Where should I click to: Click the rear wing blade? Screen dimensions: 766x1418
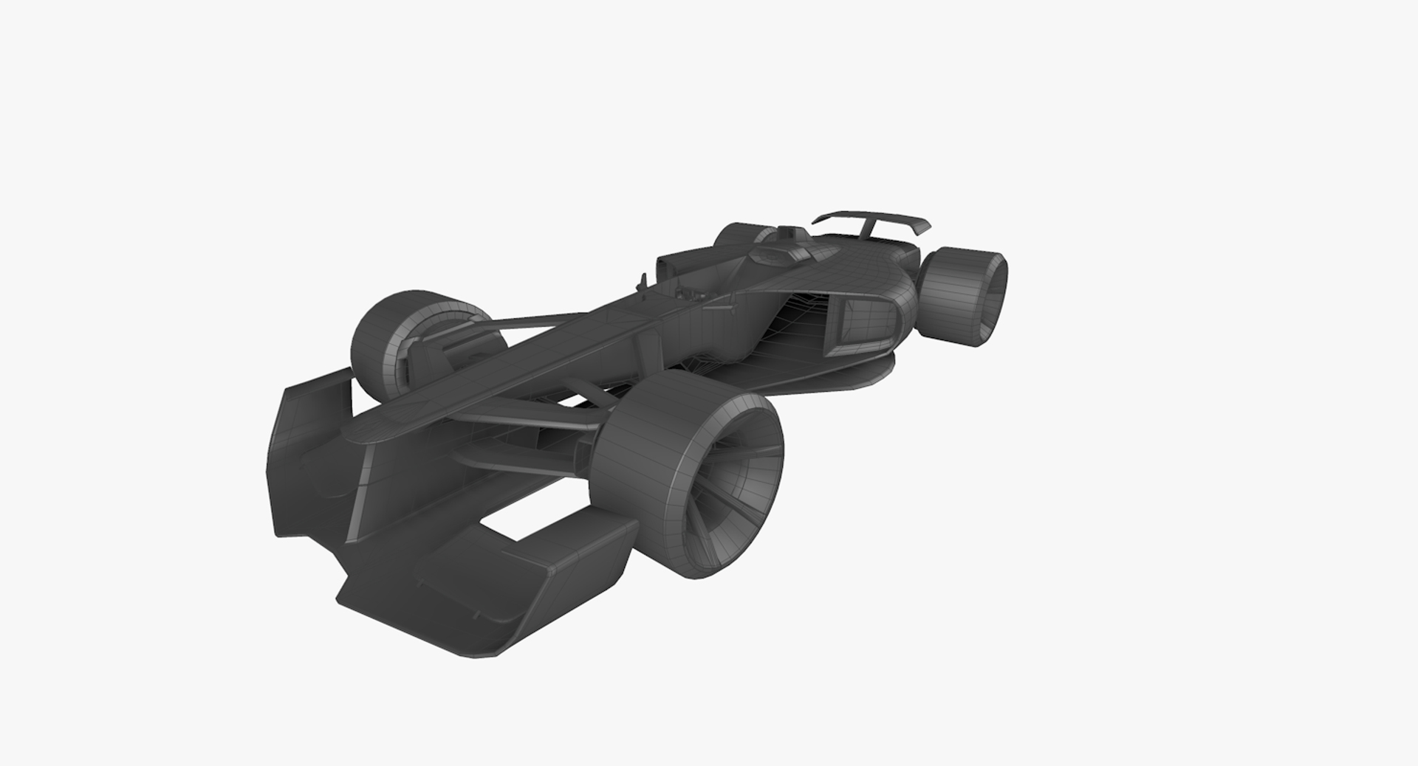[871, 216]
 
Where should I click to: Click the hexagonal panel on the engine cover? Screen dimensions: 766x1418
[768, 255]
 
